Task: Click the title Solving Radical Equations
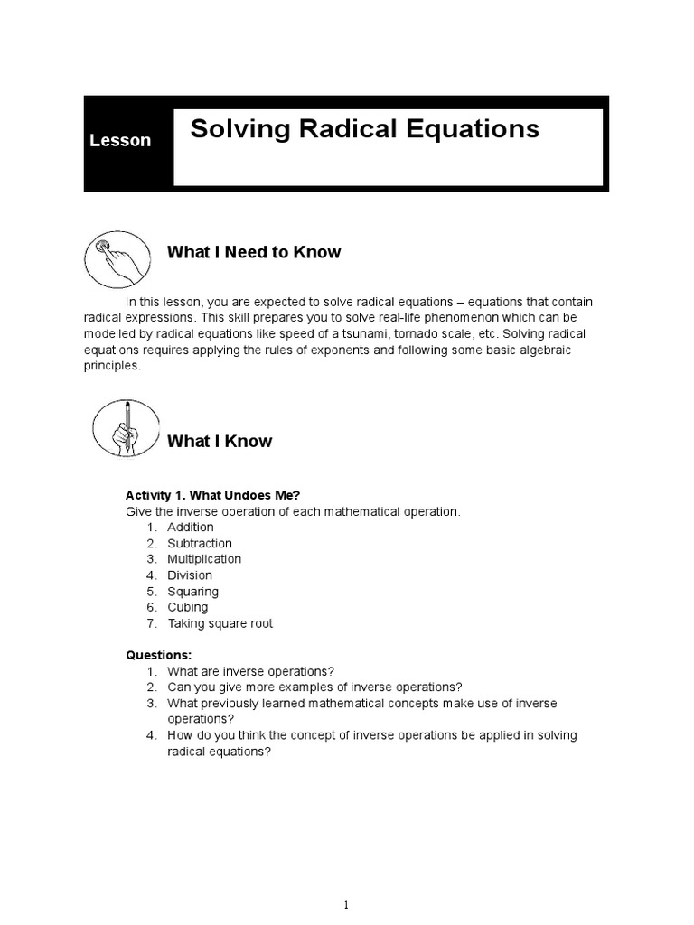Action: coord(364,129)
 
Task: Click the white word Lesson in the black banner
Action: coord(120,141)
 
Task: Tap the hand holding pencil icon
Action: coord(126,428)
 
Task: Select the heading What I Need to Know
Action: coord(254,252)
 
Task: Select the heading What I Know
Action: coord(220,441)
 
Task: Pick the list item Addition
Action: coord(190,527)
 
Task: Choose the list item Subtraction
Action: coord(199,543)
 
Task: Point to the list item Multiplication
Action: coord(203,559)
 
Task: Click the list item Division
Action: coord(189,575)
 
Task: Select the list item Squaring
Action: coord(192,592)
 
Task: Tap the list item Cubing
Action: coord(187,607)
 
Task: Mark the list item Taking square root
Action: coord(220,623)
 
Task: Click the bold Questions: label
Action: coord(158,655)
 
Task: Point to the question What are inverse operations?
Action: coord(250,671)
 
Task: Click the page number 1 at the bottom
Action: coord(347,879)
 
